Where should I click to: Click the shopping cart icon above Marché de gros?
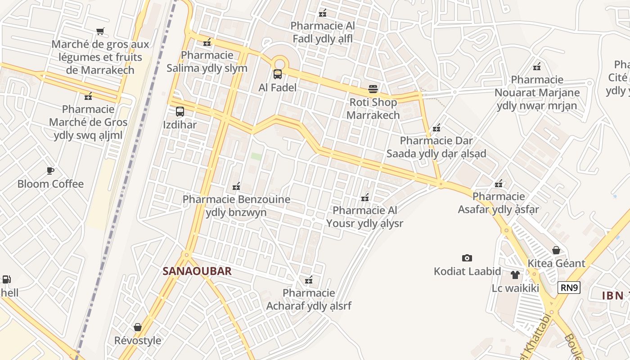pyautogui.click(x=100, y=31)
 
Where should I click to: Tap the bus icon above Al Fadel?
pyautogui.click(x=278, y=74)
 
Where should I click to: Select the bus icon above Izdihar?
pyautogui.click(x=180, y=111)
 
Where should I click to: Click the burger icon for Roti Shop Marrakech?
pyautogui.click(x=373, y=89)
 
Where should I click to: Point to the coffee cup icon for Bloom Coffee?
pyautogui.click(x=50, y=171)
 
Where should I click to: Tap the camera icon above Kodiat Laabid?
pyautogui.click(x=467, y=258)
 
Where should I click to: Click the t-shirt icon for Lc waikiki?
pyautogui.click(x=515, y=274)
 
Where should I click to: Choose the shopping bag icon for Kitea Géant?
pyautogui.click(x=556, y=250)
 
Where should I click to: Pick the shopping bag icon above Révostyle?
pyautogui.click(x=138, y=327)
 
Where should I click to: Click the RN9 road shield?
pyautogui.click(x=569, y=288)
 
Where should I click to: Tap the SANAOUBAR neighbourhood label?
pyautogui.click(x=197, y=271)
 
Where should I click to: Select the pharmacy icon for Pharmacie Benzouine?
pyautogui.click(x=236, y=186)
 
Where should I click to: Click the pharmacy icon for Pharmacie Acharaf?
pyautogui.click(x=309, y=280)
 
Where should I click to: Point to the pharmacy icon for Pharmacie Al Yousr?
pyautogui.click(x=365, y=197)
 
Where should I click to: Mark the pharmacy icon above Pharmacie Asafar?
pyautogui.click(x=499, y=183)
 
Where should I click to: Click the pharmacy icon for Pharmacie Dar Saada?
pyautogui.click(x=436, y=128)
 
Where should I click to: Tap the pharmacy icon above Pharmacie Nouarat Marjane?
pyautogui.click(x=537, y=67)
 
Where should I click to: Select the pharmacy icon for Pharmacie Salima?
pyautogui.click(x=207, y=42)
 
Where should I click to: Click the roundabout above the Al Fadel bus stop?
pyautogui.click(x=279, y=63)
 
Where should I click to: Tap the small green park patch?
pyautogui.click(x=256, y=156)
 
